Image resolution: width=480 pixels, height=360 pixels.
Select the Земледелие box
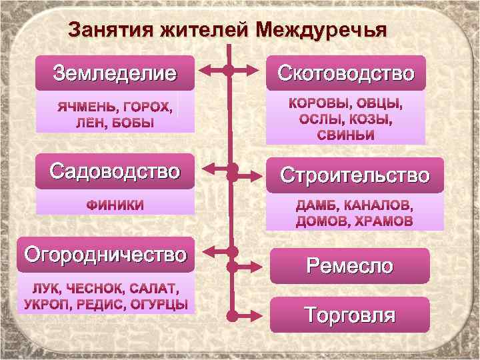(115, 72)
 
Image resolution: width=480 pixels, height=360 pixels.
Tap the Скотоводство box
(346, 72)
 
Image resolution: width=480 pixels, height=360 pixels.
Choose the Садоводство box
(115, 171)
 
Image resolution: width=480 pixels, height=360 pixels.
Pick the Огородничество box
(105, 254)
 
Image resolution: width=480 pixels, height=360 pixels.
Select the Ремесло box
(350, 266)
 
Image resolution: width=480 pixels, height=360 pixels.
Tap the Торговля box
(350, 315)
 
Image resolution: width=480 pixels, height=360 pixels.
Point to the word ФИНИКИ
(115, 205)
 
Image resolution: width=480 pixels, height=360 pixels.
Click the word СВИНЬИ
(345, 135)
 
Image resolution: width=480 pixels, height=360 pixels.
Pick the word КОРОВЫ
(317, 104)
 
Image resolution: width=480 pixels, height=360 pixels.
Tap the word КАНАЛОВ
(377, 205)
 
